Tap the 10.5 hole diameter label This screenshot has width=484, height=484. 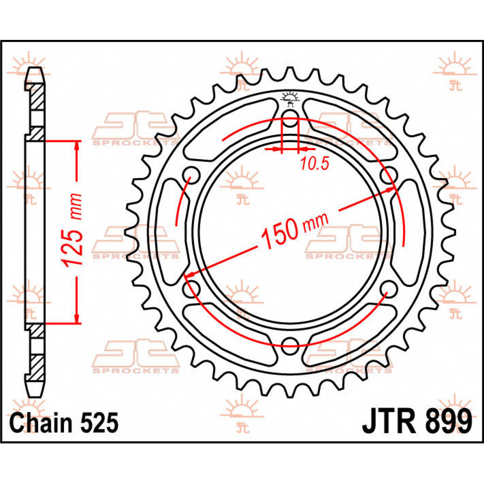point(315,163)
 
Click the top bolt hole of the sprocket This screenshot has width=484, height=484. point(290,120)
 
